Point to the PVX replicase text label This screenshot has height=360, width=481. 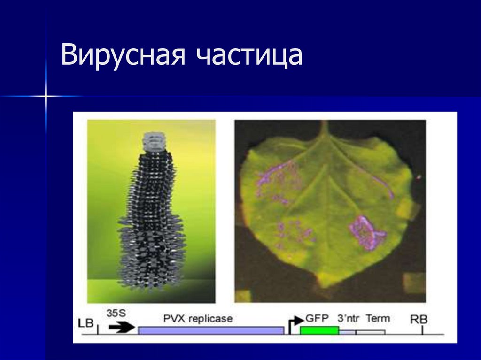pos(198,318)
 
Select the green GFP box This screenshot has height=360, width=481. pos(319,330)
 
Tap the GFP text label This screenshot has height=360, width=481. pos(317,317)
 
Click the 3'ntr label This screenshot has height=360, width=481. pos(348,318)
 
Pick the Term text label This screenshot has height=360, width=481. pos(378,318)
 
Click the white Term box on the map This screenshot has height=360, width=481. pos(371,332)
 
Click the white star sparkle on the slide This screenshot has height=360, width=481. pos(46,96)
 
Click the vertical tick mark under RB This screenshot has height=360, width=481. pos(422,330)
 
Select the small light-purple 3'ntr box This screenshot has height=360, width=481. pos(347,332)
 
